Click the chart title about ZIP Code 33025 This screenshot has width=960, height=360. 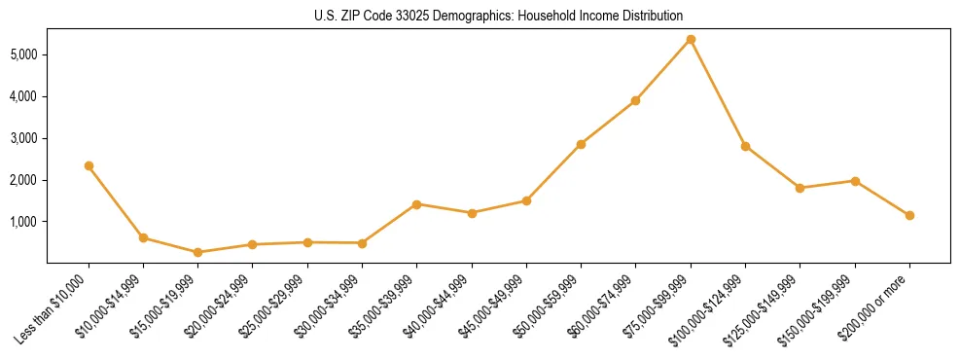[x=499, y=16]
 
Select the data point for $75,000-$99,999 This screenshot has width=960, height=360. [x=691, y=39]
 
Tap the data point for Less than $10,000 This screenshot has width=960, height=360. [x=89, y=165]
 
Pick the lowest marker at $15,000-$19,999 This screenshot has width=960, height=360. [x=197, y=252]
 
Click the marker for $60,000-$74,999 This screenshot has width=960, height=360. [x=635, y=100]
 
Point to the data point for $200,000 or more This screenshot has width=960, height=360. [x=909, y=215]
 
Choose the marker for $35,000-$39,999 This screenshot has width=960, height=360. [x=416, y=204]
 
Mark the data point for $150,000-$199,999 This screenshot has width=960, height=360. [x=855, y=181]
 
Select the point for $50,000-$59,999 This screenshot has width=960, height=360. [x=581, y=144]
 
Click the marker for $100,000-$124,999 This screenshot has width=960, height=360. [x=745, y=146]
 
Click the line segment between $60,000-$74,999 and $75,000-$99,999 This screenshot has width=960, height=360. [x=663, y=69]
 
